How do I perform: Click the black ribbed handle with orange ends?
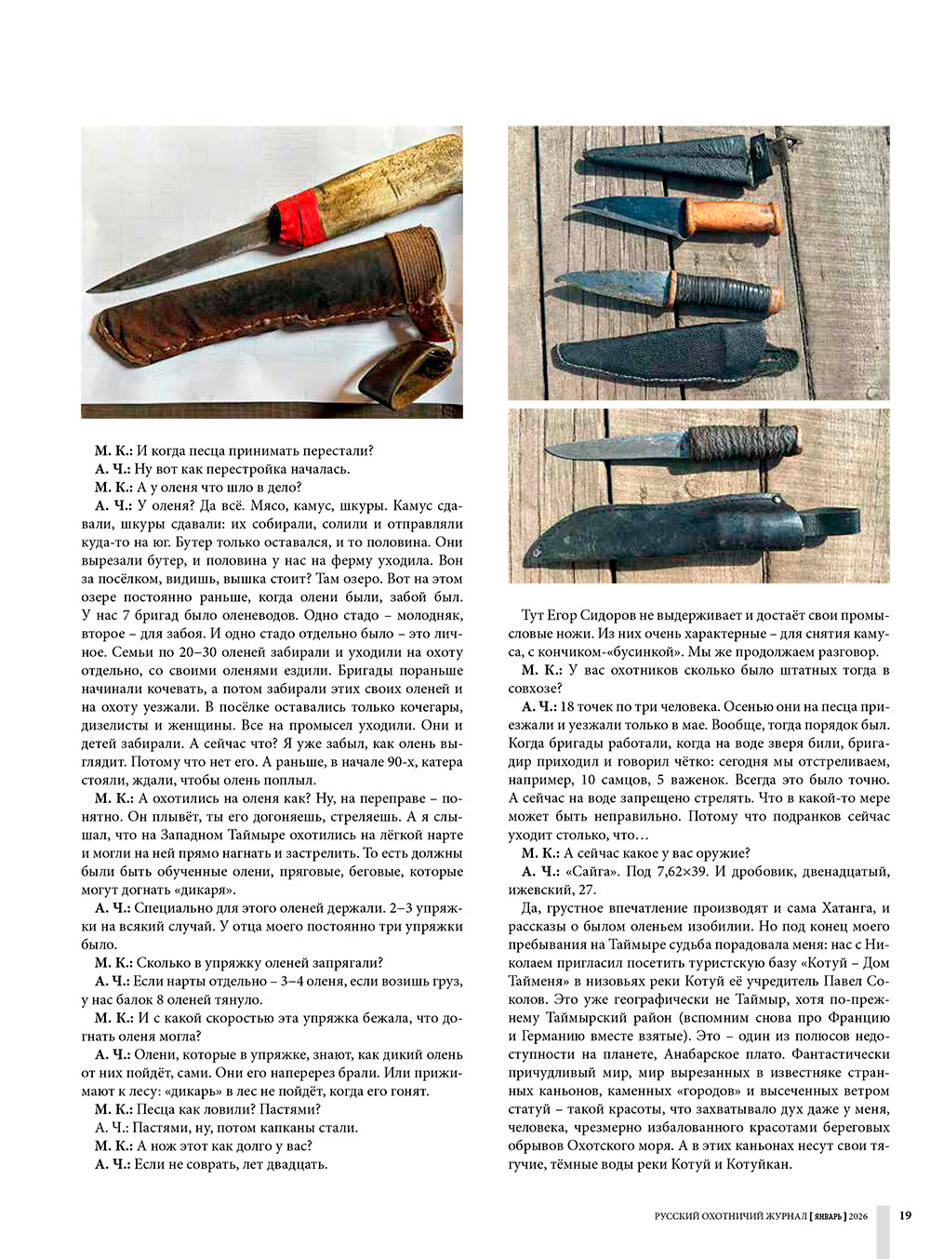pyautogui.click(x=716, y=291)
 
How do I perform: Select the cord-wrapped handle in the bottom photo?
pyautogui.click(x=744, y=442)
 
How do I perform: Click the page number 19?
pyautogui.click(x=905, y=1215)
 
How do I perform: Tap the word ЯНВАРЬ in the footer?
pyautogui.click(x=827, y=1216)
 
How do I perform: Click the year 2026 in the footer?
pyautogui.click(x=857, y=1216)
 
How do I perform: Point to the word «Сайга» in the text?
pyautogui.click(x=591, y=872)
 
